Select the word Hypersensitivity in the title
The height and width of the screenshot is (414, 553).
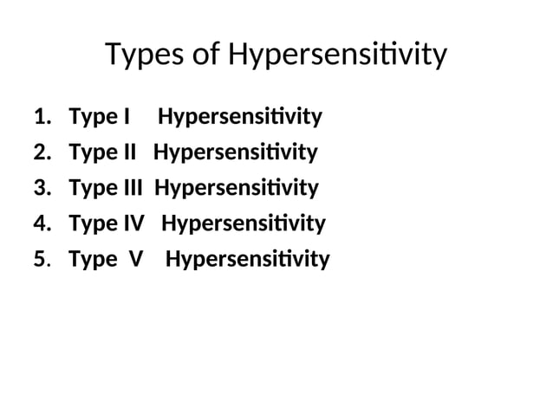(x=338, y=56)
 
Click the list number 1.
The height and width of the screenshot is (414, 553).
(x=41, y=117)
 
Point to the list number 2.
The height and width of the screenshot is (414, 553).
(x=41, y=153)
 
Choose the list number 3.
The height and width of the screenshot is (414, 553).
(x=41, y=189)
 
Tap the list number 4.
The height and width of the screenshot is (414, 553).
(x=41, y=224)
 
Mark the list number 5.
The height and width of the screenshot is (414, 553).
(x=41, y=260)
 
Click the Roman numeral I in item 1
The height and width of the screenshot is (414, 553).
(x=127, y=117)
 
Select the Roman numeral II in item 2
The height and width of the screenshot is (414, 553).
(x=127, y=153)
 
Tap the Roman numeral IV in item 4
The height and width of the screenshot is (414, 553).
(x=131, y=224)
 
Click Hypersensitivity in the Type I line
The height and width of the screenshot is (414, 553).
(x=240, y=117)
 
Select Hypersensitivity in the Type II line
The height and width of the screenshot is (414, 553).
(x=236, y=153)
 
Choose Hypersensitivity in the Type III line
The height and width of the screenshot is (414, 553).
(x=237, y=189)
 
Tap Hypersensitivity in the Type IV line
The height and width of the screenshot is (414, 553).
(x=244, y=224)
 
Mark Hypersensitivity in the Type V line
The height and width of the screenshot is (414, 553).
(x=248, y=260)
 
